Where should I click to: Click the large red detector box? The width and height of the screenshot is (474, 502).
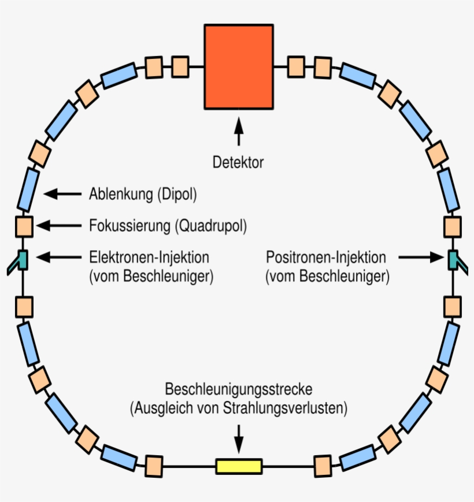[238, 66]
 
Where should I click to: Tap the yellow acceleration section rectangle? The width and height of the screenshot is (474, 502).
[239, 466]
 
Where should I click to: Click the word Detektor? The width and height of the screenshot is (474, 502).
[238, 162]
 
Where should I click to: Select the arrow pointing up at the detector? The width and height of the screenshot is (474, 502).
[238, 131]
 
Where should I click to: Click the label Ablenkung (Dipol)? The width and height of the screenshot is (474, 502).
[143, 195]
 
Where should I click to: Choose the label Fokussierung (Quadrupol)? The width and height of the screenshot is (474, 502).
[168, 226]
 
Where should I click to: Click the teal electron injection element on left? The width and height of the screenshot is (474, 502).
[21, 259]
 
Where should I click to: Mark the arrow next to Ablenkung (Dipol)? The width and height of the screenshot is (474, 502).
[62, 194]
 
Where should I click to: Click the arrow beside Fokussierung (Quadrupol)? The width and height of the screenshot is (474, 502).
[58, 225]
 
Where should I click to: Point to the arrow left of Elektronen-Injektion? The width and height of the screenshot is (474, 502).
[58, 256]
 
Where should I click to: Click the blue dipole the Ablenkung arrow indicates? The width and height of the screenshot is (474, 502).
[28, 189]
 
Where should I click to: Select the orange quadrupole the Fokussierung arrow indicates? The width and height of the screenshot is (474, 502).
[24, 225]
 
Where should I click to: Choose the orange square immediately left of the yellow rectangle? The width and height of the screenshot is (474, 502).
[154, 465]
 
